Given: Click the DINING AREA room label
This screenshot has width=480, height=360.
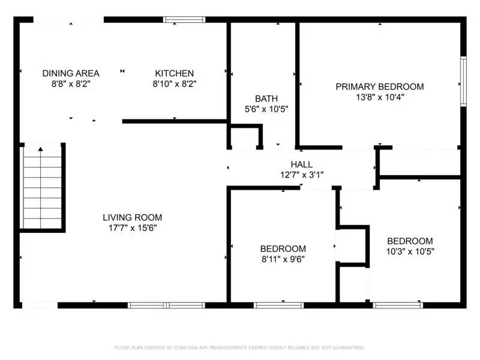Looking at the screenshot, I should pos(71,73).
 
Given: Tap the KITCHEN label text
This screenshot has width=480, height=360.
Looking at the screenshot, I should pos(174,73).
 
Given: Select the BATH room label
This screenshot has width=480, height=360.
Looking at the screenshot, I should pos(266,98).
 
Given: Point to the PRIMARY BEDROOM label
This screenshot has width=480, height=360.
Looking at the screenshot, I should pos(379,86).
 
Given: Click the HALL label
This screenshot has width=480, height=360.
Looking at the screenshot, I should pos(301,164).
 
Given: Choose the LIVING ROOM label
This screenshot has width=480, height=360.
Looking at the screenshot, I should pos(132,217).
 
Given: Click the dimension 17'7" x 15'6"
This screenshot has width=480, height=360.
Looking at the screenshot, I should pos(132,228).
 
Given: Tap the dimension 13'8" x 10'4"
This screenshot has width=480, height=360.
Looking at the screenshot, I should pos(379,97).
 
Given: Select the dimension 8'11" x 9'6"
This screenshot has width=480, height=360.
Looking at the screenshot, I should pos(283,259).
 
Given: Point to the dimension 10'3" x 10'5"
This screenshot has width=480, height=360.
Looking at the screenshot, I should pos(410,252).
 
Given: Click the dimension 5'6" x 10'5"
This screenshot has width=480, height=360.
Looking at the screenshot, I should pos(266,109).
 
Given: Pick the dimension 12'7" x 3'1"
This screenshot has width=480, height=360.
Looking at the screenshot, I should pos(301,175).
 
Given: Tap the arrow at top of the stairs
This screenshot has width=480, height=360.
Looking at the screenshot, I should pos(41,148).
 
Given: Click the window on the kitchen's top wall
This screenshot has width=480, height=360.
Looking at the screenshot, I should pos(185,20).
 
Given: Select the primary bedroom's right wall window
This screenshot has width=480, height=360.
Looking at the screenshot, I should pos(463,81).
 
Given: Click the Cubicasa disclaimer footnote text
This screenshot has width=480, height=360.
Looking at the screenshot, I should pos(239,347).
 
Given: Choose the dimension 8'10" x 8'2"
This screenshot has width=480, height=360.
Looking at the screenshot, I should pos(174,84).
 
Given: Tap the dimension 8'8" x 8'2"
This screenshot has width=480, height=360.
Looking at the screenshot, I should pos(71,84).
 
